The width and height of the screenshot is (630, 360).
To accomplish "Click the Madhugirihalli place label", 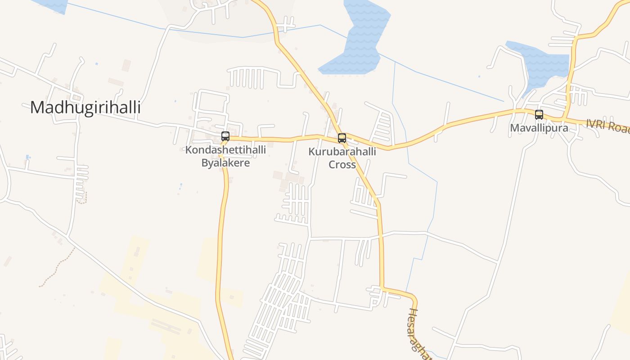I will (x=85, y=108).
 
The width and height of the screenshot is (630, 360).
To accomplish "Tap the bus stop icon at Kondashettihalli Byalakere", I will (x=225, y=136).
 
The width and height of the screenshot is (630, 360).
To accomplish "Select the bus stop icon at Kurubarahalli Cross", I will (x=342, y=138).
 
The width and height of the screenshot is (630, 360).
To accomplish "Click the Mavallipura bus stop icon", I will (x=539, y=114).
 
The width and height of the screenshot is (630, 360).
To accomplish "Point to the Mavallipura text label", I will (x=539, y=128).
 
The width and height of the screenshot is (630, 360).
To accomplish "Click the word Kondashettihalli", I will (x=225, y=150).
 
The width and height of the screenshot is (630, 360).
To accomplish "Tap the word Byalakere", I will (x=225, y=162).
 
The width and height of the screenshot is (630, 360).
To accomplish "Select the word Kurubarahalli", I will (x=342, y=152).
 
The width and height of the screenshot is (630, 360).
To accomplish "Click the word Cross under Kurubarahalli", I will (x=342, y=164).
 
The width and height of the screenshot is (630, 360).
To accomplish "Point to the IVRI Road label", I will (x=607, y=126).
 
